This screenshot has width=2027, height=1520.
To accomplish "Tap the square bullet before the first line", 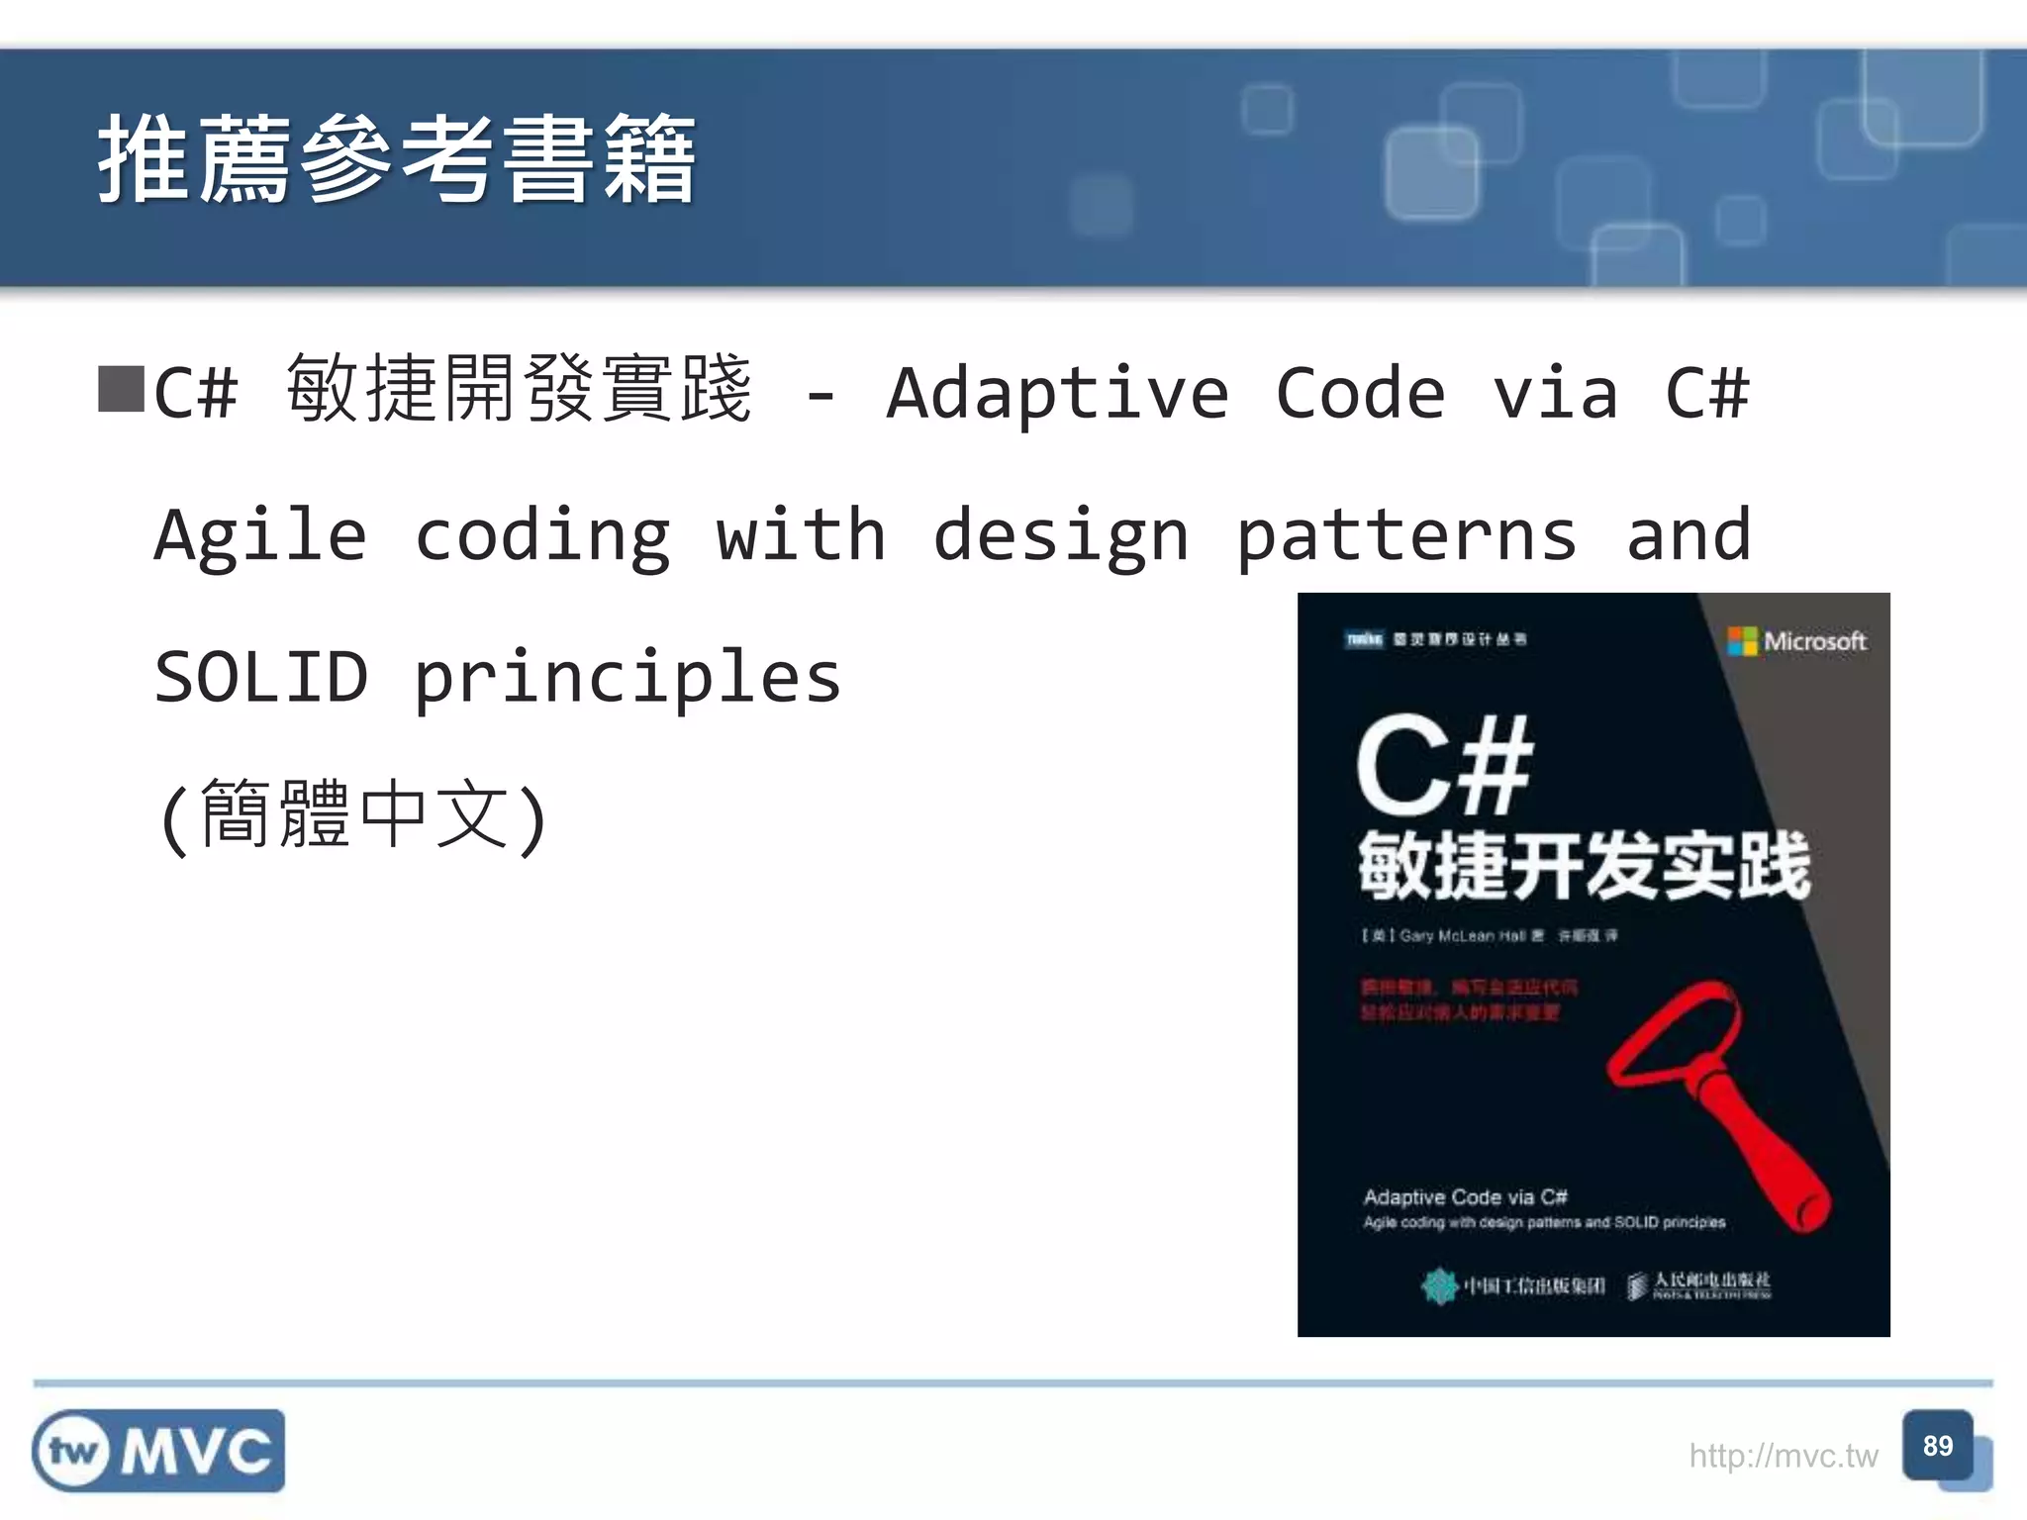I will pos(121,390).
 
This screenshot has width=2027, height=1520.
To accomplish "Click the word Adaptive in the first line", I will pos(1056,394).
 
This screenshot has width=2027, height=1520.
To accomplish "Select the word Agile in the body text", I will pos(260,536).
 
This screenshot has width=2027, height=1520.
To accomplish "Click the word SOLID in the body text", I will pos(261,678).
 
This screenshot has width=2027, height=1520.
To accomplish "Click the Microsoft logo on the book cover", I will pos(1796,641).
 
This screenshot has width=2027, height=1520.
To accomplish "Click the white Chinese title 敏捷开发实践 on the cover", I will pos(1584,867).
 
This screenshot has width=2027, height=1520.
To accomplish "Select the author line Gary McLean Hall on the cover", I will pos(1462,935).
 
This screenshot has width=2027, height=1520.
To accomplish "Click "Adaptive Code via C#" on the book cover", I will pos(1465,1197).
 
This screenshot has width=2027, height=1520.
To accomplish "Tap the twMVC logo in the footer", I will pos(158,1451).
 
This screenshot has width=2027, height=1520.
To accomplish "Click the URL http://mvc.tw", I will pos(1783,1456).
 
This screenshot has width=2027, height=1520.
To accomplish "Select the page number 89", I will pos(1937,1446).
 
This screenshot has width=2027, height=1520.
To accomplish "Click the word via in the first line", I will pos(1555,394).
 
